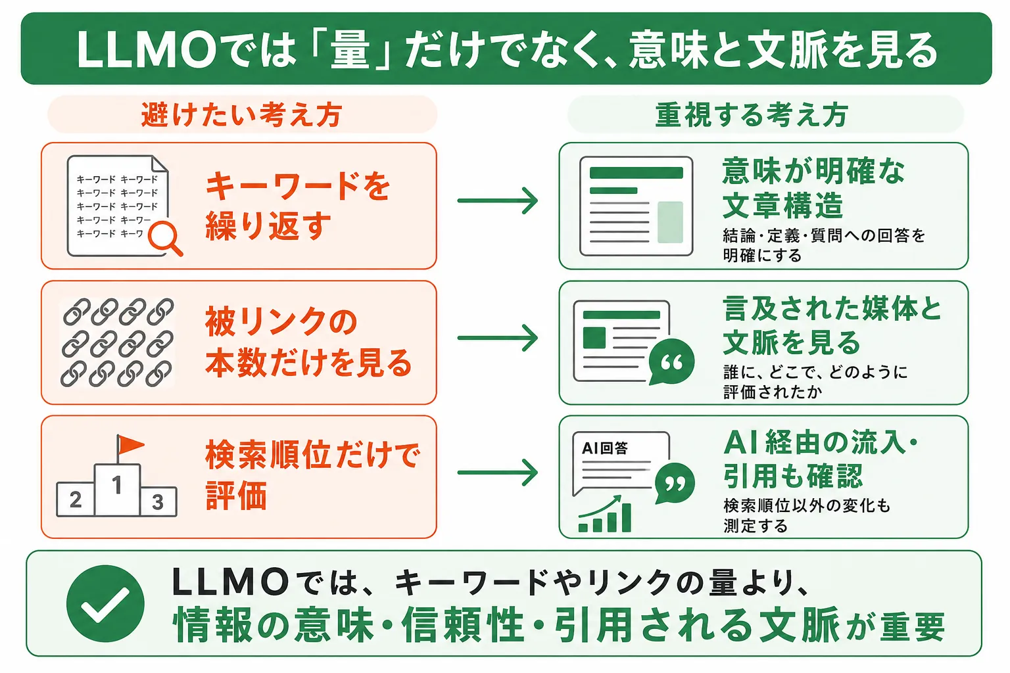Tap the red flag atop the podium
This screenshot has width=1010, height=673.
tap(129, 446)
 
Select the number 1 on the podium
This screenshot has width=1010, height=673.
tap(117, 485)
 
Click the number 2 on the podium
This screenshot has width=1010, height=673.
tap(76, 499)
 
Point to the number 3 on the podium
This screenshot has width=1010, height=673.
tap(157, 501)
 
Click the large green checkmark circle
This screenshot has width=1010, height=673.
tap(105, 603)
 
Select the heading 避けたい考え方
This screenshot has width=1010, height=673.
tap(242, 114)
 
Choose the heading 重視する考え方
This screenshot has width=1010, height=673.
tap(752, 114)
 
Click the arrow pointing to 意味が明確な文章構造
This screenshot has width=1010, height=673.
tap(498, 200)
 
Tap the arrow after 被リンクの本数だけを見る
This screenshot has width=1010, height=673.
tap(498, 338)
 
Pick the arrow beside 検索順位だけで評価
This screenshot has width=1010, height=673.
tap(498, 473)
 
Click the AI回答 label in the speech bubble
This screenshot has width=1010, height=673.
tap(605, 448)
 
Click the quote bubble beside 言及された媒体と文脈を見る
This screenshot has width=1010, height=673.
tap(671, 361)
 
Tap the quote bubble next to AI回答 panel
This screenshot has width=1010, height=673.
tap(675, 483)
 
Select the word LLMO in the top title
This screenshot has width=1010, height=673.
tap(147, 50)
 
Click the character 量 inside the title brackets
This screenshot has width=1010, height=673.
tap(350, 49)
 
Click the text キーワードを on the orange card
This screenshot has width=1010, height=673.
tap(298, 186)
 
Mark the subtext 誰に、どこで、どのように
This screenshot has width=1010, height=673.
tap(815, 373)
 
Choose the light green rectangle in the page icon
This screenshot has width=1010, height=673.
tap(671, 222)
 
